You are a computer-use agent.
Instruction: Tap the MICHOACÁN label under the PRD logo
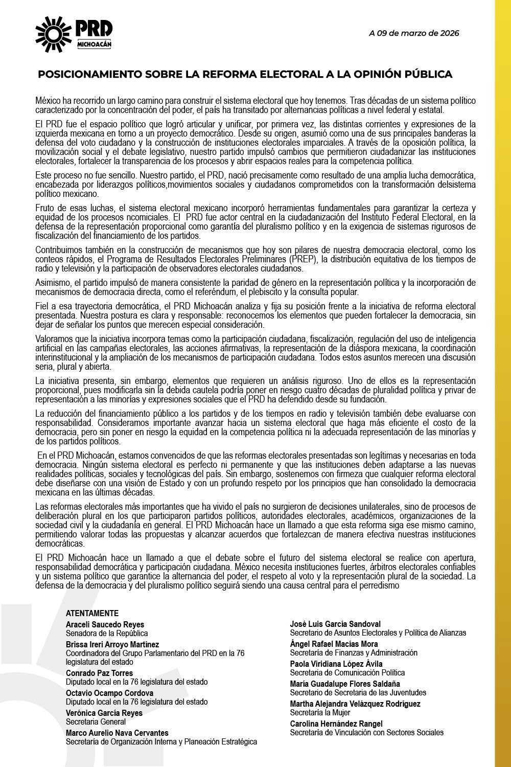94,43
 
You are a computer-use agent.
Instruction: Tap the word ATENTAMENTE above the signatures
92,614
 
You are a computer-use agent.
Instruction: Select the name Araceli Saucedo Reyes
105,624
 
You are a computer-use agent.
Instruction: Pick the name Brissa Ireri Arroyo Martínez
112,644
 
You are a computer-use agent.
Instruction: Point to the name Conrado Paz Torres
99,673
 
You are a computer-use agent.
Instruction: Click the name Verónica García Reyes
104,713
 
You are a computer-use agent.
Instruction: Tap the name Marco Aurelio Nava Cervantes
117,733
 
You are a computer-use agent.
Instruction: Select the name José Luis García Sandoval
335,624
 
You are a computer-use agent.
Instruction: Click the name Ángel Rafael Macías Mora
334,644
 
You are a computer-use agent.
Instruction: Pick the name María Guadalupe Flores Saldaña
345,684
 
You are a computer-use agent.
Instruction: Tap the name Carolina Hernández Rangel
336,724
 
